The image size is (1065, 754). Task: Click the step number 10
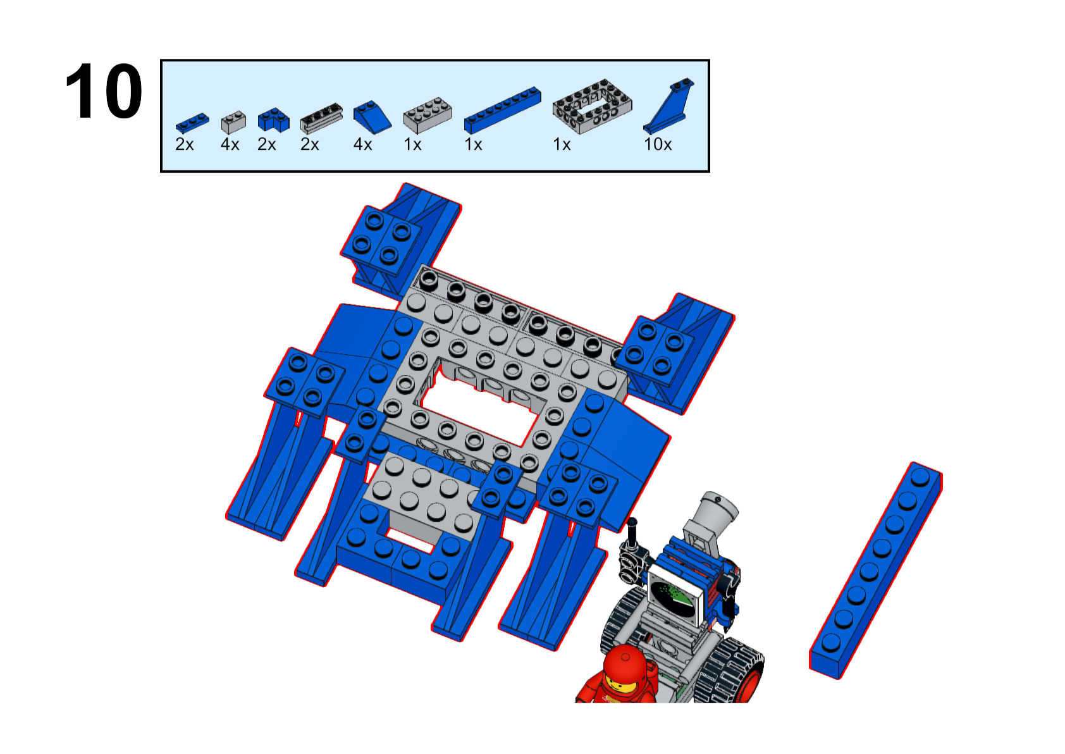coord(104,90)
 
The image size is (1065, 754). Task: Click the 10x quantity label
coord(658,144)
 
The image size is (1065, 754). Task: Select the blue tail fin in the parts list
coord(668,105)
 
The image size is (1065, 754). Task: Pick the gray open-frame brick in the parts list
coord(593,106)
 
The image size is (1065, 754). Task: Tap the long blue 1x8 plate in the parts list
coord(503,110)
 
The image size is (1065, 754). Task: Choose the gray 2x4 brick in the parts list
coord(428,115)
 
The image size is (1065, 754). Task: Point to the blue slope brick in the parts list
coord(372,117)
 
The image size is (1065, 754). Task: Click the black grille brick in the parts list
coord(321,118)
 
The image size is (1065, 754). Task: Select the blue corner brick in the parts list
coord(273,120)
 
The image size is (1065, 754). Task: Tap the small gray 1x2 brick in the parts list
coord(233,121)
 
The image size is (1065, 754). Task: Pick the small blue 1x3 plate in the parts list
coord(192,123)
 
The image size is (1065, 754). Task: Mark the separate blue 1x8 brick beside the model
coord(875,570)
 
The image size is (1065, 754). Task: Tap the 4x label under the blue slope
coord(362,144)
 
